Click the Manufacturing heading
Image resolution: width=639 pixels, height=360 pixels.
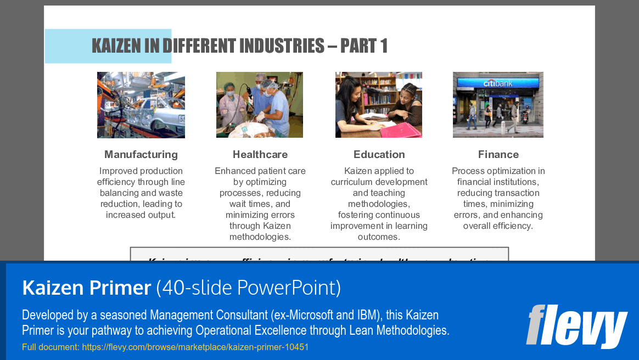[x=141, y=154]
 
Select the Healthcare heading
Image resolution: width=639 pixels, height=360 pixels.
[x=260, y=154]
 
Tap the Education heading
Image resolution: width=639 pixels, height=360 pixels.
[x=379, y=154]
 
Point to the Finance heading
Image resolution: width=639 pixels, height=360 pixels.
[x=498, y=154]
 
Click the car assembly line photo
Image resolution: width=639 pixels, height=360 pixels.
[x=141, y=105]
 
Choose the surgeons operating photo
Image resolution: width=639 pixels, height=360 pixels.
[x=260, y=105]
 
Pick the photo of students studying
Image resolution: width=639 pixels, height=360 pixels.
[x=379, y=105]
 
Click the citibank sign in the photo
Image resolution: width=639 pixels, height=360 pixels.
[x=497, y=83]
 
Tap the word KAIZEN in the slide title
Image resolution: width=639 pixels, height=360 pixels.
[x=117, y=46]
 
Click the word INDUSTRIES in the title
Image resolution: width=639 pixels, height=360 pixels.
[x=278, y=46]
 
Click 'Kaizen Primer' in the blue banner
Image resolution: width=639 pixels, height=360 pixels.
[x=86, y=288]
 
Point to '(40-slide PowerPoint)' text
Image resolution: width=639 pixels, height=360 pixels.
[x=248, y=288]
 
